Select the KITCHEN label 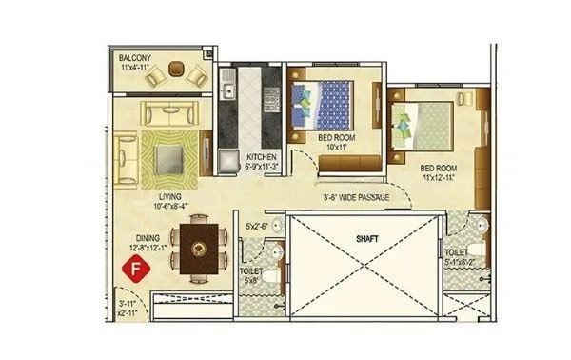point(261,156)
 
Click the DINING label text point(147,240)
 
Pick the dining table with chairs point(201,247)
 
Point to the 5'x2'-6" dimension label point(258,227)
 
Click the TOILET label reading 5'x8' point(249,275)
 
